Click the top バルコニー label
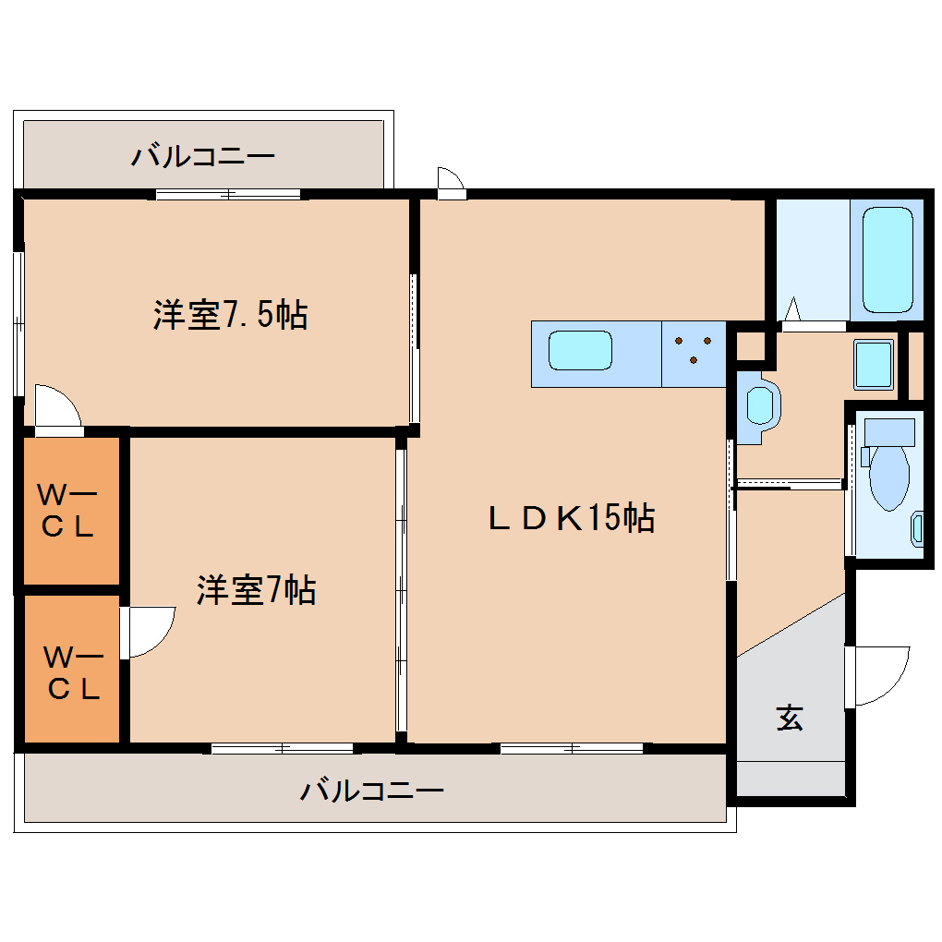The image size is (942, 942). [202, 155]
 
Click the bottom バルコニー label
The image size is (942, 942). [372, 791]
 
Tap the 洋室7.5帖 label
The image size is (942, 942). [230, 316]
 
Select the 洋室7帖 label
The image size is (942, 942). [256, 589]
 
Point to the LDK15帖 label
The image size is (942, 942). [571, 518]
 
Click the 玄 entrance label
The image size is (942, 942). [789, 717]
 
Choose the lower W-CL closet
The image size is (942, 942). [71, 671]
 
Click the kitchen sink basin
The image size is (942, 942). [580, 352]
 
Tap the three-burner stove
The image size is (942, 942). [694, 352]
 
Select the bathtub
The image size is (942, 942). [888, 260]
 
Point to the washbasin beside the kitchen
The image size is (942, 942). [760, 405]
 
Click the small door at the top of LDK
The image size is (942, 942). [450, 181]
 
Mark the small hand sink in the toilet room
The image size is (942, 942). [917, 526]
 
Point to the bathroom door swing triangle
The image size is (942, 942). [791, 310]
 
